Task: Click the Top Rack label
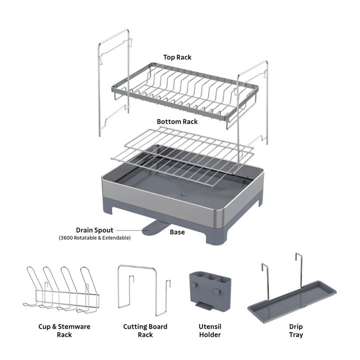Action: pyautogui.click(x=177, y=57)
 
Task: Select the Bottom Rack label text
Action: pyautogui.click(x=177, y=121)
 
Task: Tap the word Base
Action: pyautogui.click(x=177, y=232)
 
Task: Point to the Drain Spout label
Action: pyautogui.click(x=94, y=229)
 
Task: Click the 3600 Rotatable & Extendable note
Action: pyautogui.click(x=94, y=238)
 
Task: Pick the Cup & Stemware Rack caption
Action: pyautogui.click(x=64, y=330)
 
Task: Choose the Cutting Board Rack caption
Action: pyautogui.click(x=145, y=330)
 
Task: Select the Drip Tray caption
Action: pyautogui.click(x=295, y=330)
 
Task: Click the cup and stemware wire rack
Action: pyautogui.click(x=62, y=290)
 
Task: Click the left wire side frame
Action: pyautogui.click(x=114, y=85)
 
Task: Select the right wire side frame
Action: pyautogui.click(x=252, y=105)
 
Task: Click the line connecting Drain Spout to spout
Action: pyautogui.click(x=128, y=229)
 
